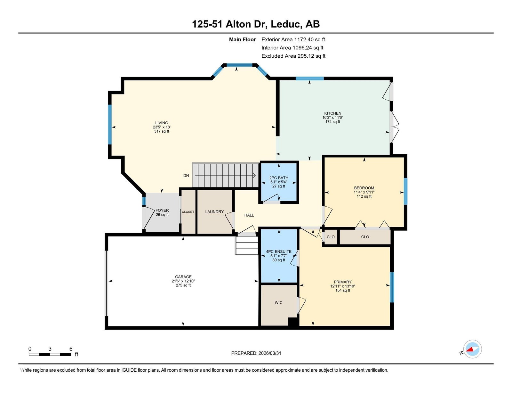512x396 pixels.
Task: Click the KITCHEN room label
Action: click(332, 113)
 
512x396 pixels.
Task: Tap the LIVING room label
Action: click(162, 123)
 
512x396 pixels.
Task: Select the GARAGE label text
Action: click(183, 277)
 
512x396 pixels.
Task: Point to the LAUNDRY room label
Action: click(214, 212)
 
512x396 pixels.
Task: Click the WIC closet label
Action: click(278, 302)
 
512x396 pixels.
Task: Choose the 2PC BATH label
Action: click(279, 178)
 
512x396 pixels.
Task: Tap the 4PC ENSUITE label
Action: click(279, 252)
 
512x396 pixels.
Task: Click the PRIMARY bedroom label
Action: click(343, 282)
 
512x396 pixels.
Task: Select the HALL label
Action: click(249, 215)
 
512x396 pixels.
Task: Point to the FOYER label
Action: click(162, 210)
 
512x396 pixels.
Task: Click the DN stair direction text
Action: click(186, 176)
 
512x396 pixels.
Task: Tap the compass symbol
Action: click(472, 349)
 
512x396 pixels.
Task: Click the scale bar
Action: click(50, 354)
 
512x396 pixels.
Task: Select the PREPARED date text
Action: click(256, 353)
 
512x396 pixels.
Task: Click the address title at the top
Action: click(256, 24)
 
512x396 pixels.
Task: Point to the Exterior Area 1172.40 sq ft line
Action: click(293, 40)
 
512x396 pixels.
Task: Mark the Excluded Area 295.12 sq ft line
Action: click(293, 56)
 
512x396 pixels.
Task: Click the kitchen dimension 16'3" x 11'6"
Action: click(333, 118)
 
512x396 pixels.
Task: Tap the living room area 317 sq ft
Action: click(162, 131)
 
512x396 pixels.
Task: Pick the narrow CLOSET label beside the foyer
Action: click(188, 212)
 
